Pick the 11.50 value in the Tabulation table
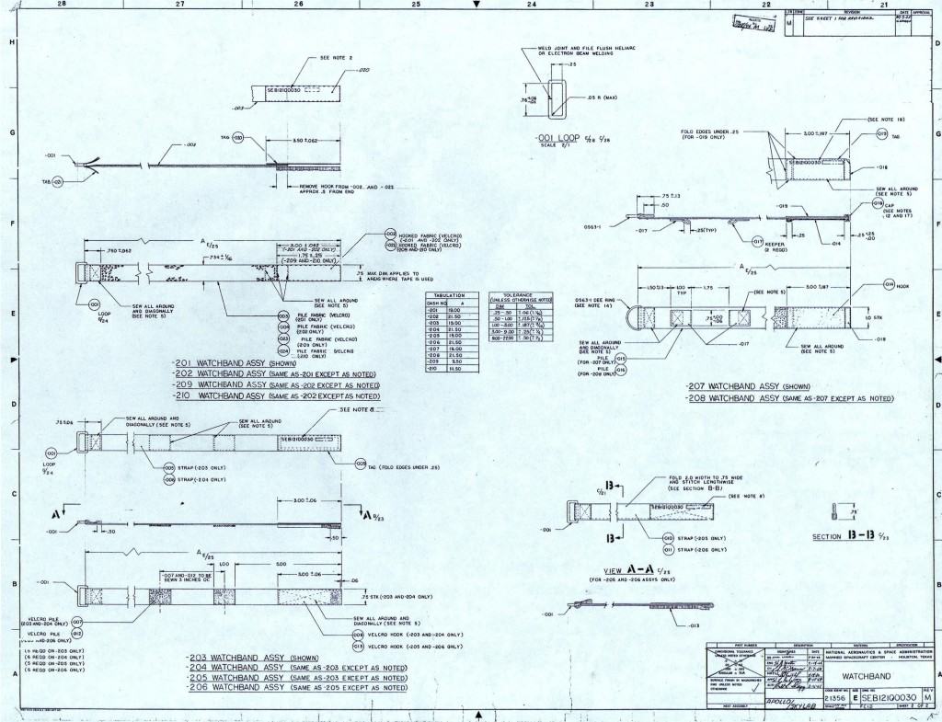pyautogui.click(x=453, y=369)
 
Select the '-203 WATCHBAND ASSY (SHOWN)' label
pyautogui.click(x=242, y=658)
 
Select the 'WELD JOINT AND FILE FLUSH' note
pyautogui.click(x=589, y=50)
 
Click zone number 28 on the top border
pyautogui.click(x=61, y=5)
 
